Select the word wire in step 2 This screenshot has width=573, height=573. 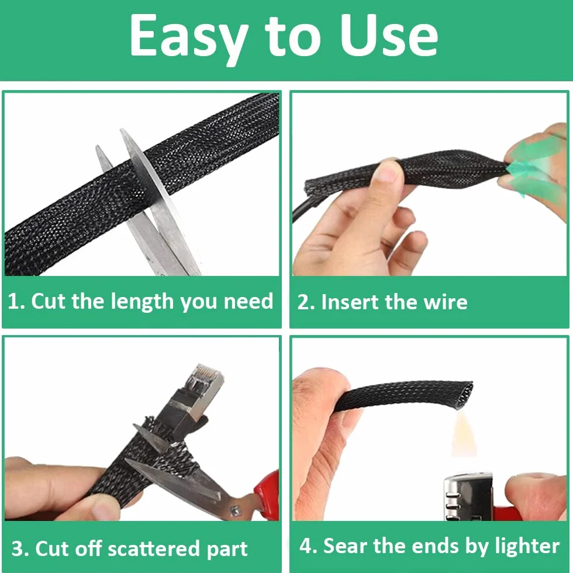click(x=445, y=302)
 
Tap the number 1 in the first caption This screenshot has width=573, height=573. click(x=13, y=302)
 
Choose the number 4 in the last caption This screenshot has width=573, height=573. click(x=305, y=546)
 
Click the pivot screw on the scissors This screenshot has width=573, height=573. click(x=235, y=510)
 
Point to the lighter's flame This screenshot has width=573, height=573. click(x=463, y=434)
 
